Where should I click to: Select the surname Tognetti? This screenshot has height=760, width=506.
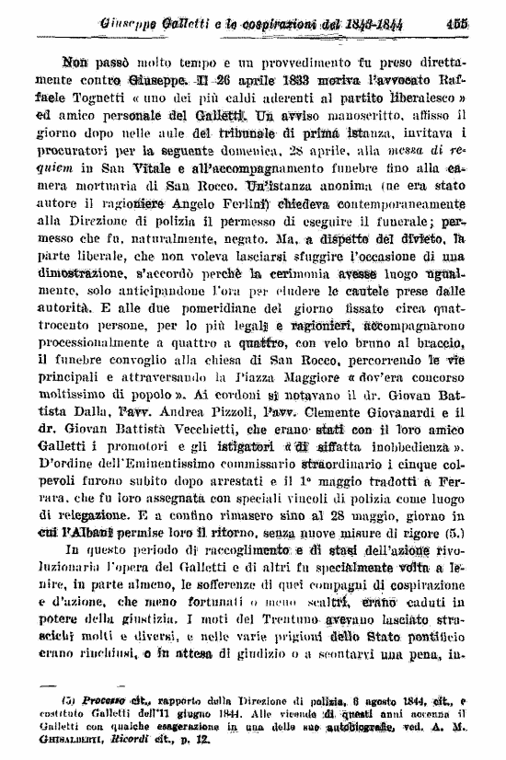pos(117,98)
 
